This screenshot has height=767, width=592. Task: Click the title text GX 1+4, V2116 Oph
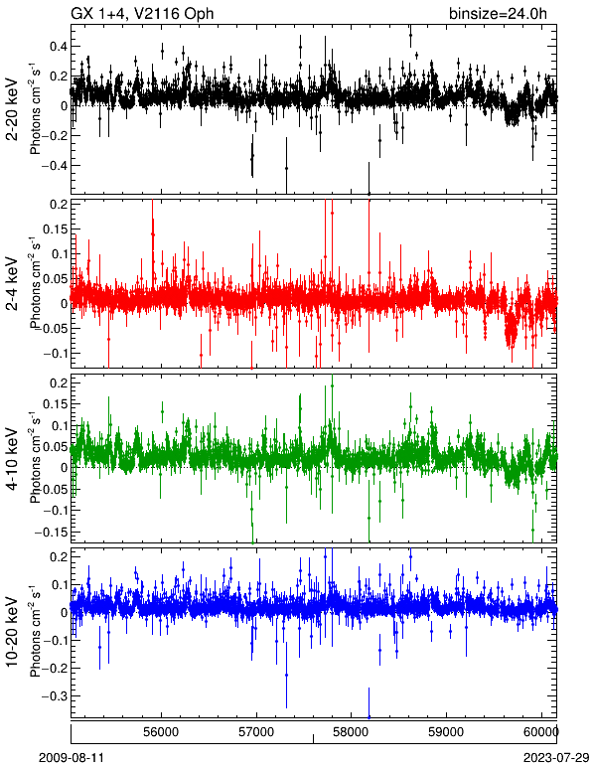142,13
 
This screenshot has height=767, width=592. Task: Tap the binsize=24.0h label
498,14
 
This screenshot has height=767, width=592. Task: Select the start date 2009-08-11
71,758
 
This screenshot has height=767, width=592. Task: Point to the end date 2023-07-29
556,758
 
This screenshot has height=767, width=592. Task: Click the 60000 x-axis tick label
542,732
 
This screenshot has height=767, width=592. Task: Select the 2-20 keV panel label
12,108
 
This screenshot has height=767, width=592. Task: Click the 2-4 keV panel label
12,284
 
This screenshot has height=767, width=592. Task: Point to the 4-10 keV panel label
12,459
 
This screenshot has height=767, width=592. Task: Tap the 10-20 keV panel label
12,632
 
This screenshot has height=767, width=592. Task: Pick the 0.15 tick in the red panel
55,229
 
